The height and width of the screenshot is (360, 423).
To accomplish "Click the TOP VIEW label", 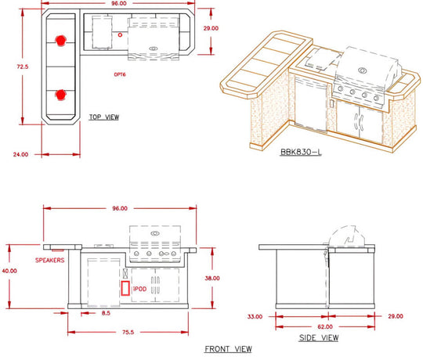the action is tap(104, 117).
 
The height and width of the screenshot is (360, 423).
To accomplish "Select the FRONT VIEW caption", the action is tap(228, 349).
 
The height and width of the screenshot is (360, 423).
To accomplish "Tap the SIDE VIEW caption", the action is tap(319, 338).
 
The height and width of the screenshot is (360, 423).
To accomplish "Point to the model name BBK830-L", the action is tap(301, 152).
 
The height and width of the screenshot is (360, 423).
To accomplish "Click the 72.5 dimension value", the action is tap(23, 67).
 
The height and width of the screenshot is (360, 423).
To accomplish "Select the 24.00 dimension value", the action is tap(20, 154).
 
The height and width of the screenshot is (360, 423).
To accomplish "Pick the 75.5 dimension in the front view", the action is tap(128, 333).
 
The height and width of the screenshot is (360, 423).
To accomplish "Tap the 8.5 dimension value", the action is tap(106, 313).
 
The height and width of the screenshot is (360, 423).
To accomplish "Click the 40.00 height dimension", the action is tap(9, 271).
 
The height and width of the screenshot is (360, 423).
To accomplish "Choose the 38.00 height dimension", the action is tap(212, 278).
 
